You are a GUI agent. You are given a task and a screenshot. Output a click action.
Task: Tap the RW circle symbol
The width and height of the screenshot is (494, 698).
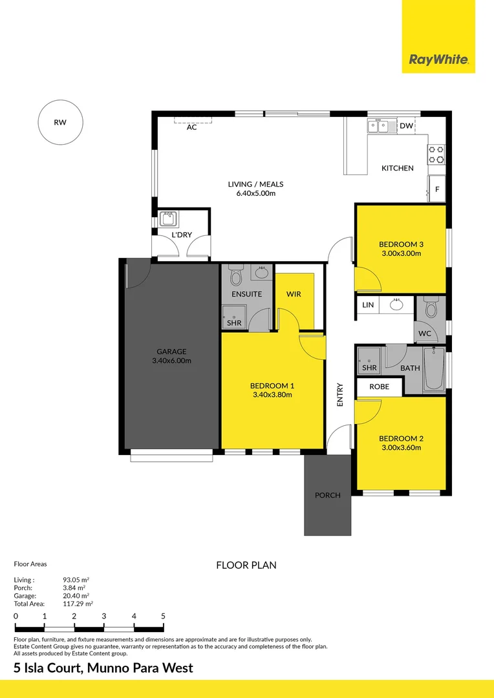pos(60,122)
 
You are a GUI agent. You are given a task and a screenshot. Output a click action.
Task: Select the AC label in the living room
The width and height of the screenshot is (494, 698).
pos(191,127)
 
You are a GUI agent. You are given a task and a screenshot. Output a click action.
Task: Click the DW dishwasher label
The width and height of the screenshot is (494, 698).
pos(406,126)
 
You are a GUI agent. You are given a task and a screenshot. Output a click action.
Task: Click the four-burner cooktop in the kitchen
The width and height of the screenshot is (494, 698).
pos(436,154)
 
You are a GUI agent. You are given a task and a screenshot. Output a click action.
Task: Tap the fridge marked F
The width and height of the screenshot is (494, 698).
pos(436,189)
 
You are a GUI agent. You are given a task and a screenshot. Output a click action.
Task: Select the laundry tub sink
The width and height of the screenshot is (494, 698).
pos(168,219)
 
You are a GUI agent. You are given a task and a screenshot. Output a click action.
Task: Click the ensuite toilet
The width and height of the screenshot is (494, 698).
pos(235,275)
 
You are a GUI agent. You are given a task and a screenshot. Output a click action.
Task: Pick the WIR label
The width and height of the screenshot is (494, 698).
pos(294,294)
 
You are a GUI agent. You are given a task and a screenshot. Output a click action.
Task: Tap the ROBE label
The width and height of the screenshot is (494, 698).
pos(379,387)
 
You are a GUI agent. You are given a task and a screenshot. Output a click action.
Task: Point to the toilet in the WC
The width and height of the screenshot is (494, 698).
pos(431,307)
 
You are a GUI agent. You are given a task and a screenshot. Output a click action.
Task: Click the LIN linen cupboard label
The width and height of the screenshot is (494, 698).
pos(368,305)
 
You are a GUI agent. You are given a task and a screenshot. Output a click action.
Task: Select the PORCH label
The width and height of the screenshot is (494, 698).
pos(327,495)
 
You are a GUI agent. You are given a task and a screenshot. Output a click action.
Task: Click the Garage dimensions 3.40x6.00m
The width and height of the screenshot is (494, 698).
pos(171,361)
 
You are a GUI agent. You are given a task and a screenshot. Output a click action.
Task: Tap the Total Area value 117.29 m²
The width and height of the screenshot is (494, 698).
pos(78,604)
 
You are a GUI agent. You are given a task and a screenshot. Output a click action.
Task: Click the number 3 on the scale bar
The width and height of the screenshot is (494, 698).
pos(104,617)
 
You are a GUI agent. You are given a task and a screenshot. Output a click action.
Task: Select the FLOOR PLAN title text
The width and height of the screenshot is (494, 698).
pos(246,566)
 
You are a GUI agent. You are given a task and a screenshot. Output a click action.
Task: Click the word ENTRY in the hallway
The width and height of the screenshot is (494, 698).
pos(340,394)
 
